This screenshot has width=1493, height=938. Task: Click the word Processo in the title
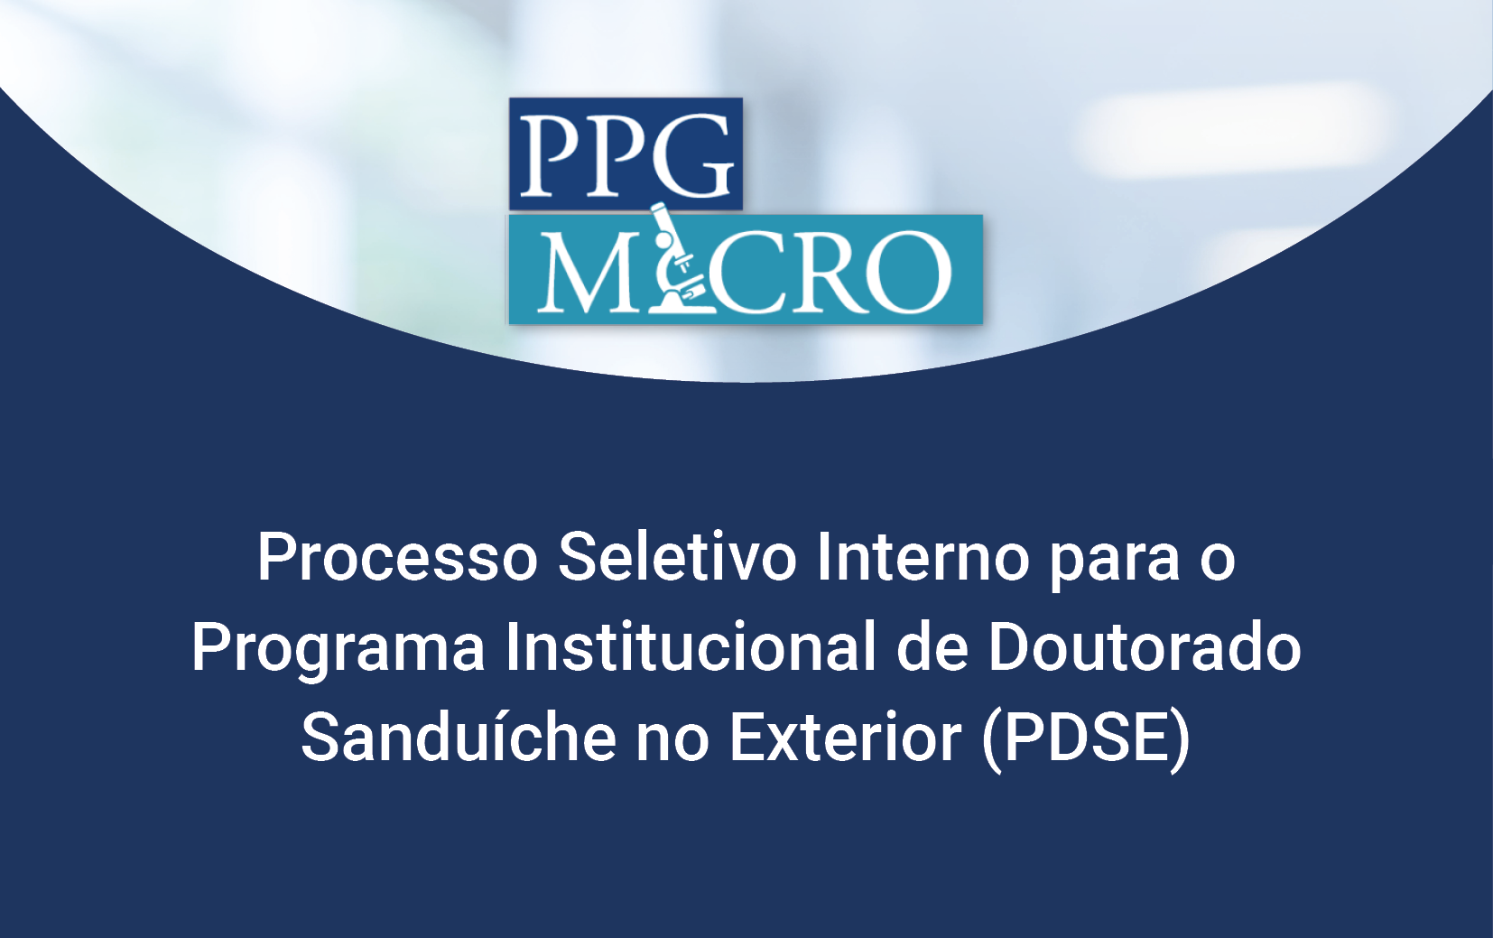[x=397, y=557]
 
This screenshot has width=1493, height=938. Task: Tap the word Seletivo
[x=677, y=557]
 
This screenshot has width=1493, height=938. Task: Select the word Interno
[x=923, y=557]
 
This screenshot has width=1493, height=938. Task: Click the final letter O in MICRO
[x=910, y=272]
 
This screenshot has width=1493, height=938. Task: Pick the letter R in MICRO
[x=830, y=272]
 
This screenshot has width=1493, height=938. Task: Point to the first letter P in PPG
[x=549, y=157]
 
